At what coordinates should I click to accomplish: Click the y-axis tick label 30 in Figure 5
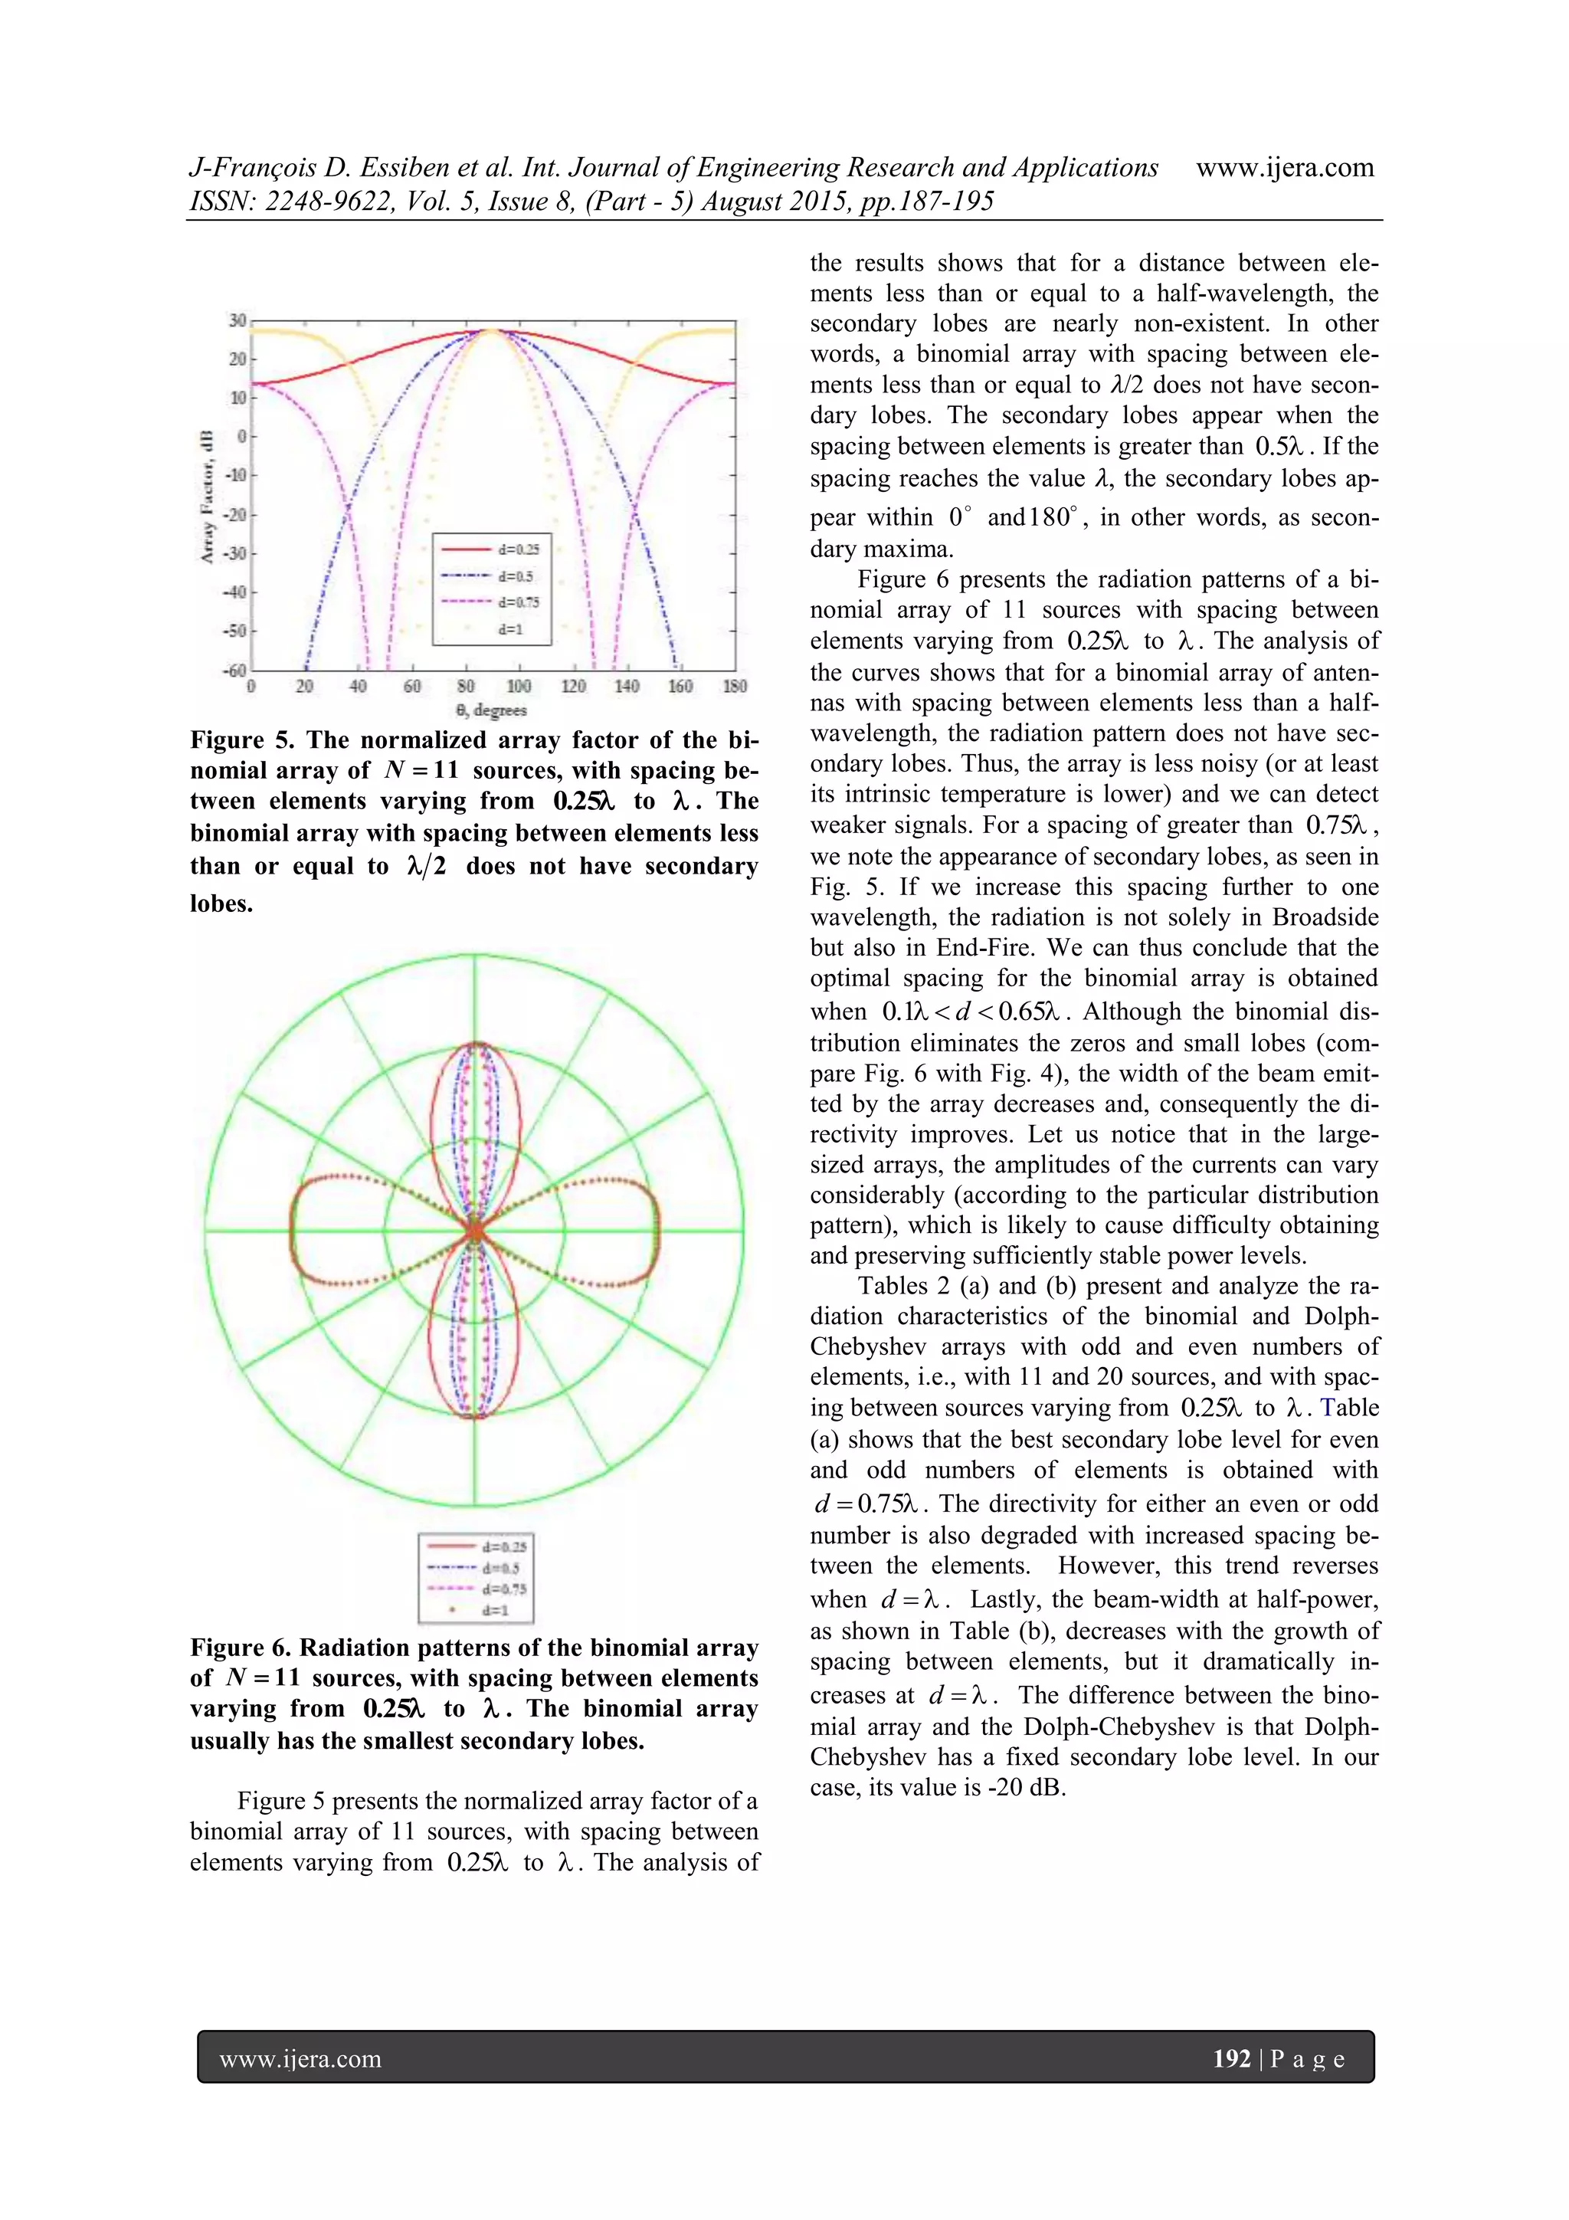(x=237, y=320)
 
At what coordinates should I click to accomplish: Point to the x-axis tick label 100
(x=519, y=687)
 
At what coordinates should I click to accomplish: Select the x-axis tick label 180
(x=735, y=687)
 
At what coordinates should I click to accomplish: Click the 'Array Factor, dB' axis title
(x=206, y=496)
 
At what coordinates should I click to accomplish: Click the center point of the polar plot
(x=475, y=1231)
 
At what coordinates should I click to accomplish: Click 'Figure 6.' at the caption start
(x=241, y=1648)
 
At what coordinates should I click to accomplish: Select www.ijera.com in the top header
(x=1285, y=169)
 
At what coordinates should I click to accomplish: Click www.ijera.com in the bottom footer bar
(x=300, y=2060)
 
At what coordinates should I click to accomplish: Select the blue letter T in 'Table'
(x=1328, y=1408)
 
